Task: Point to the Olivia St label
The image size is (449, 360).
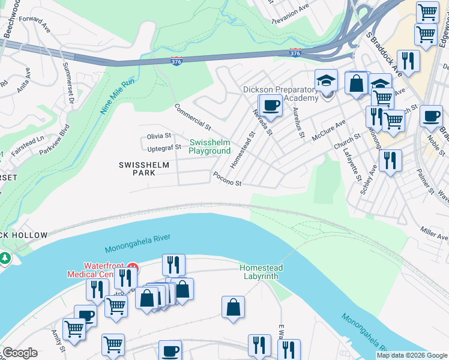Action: tap(159, 136)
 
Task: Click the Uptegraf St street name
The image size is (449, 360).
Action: tap(163, 147)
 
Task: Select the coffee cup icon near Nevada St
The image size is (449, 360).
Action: tap(270, 106)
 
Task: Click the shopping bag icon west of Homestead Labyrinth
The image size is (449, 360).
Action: tap(233, 307)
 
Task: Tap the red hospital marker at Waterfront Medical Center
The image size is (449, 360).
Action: tap(134, 266)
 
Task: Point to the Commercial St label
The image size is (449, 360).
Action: tap(193, 117)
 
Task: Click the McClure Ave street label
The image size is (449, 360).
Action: tap(328, 130)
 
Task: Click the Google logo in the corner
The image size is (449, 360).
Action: tap(20, 353)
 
